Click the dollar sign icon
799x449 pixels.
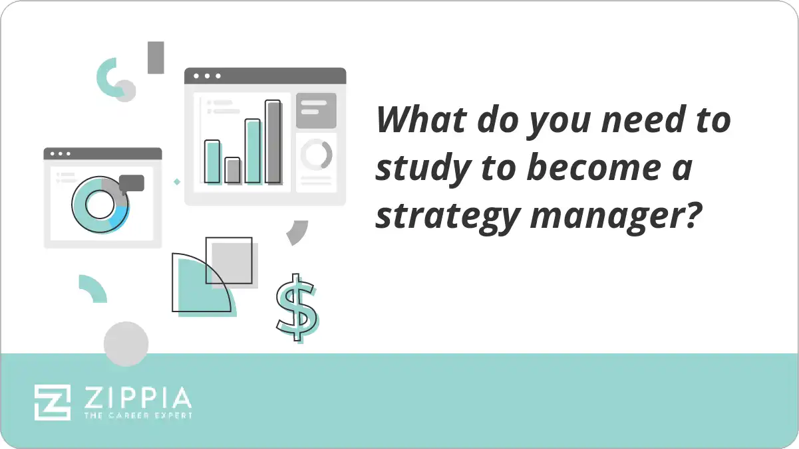coord(297,308)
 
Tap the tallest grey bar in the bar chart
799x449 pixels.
coord(273,141)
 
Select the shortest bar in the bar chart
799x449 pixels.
coord(232,170)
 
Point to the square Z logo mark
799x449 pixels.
coord(53,402)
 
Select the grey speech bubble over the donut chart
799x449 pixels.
coord(132,183)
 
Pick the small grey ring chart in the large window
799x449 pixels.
coord(316,155)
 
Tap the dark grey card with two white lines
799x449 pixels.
coord(316,110)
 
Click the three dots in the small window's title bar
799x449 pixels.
coord(61,153)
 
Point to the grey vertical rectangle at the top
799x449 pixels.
coord(156,57)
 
